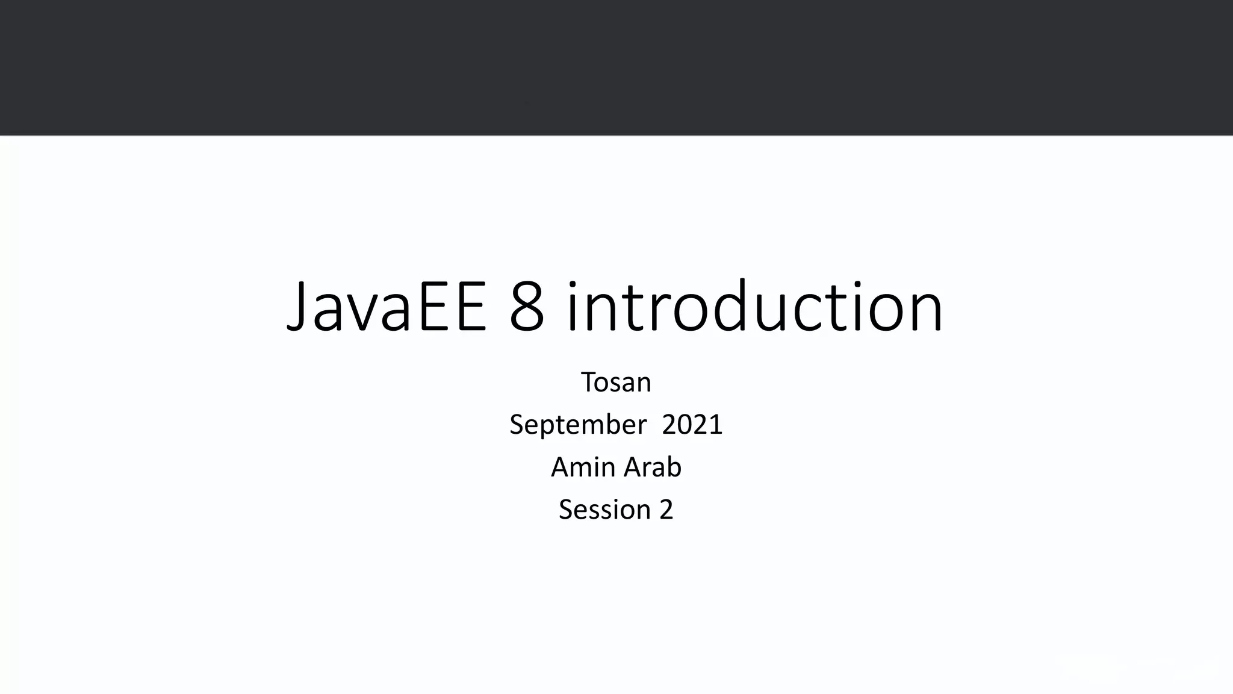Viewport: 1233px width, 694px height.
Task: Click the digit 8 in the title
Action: [x=526, y=308]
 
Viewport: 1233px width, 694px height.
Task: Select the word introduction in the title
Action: [x=754, y=308]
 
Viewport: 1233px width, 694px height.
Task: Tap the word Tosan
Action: [x=616, y=383]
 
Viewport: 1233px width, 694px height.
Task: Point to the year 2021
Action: [x=692, y=425]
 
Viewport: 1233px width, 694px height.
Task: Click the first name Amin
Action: [x=582, y=467]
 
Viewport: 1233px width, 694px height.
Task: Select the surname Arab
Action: [x=653, y=467]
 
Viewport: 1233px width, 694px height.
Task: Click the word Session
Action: [x=604, y=510]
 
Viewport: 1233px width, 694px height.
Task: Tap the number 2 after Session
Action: [x=666, y=510]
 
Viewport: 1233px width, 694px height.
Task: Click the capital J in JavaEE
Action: [x=299, y=308]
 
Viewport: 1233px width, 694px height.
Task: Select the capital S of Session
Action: [x=566, y=510]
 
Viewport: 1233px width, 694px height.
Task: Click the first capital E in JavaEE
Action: [x=435, y=308]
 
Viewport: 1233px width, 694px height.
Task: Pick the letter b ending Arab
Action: [x=674, y=467]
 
